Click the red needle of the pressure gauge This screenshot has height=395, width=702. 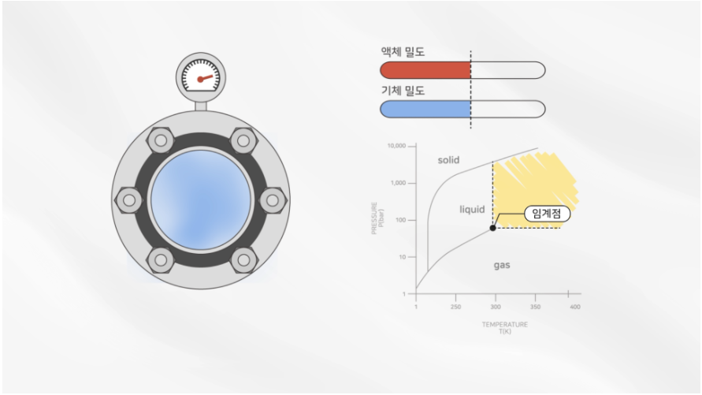[x=206, y=78]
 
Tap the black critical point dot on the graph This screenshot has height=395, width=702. [x=493, y=228]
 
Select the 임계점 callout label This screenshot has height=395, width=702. [x=547, y=213]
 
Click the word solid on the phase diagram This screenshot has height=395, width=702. [x=448, y=160]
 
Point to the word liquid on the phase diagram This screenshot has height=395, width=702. [x=472, y=209]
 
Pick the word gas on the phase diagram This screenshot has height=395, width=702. [x=502, y=265]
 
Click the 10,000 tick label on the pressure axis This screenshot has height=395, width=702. [x=396, y=146]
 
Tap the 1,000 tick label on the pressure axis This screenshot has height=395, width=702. [x=398, y=183]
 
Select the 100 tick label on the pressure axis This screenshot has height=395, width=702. [x=401, y=220]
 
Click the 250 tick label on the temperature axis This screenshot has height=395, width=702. [x=455, y=307]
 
